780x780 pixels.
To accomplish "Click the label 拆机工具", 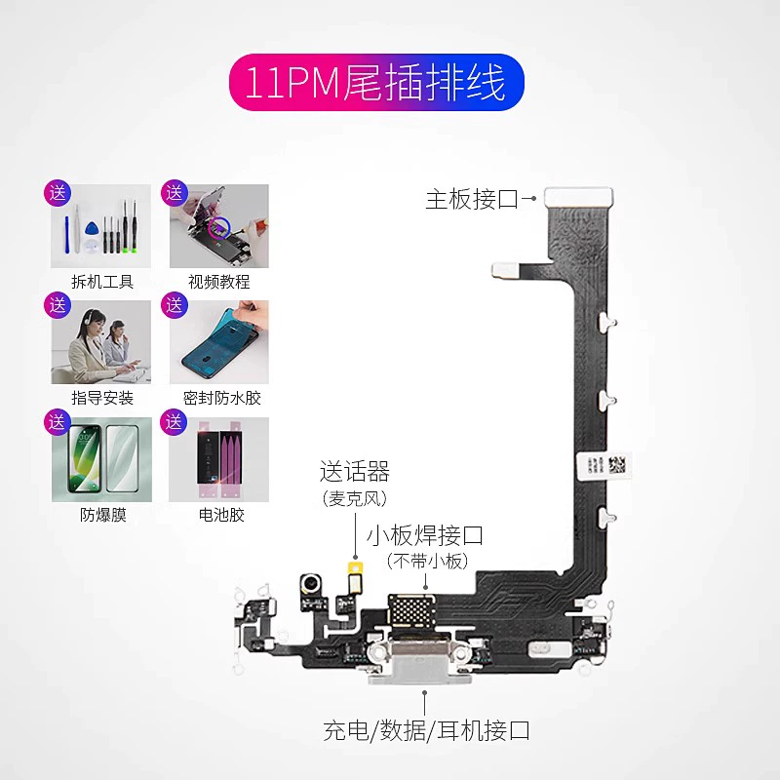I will [x=102, y=282].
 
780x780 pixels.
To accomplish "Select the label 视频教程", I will [x=219, y=282].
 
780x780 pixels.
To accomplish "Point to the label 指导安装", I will [x=102, y=398].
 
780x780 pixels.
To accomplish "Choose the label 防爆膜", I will [x=102, y=515].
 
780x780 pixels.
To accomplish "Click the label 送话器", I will [x=355, y=473].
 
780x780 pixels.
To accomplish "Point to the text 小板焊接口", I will [x=425, y=535].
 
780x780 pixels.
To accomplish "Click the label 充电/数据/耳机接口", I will [x=426, y=729].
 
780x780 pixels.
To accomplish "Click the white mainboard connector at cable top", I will [x=574, y=198].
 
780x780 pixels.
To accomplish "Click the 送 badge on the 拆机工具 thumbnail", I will [x=58, y=192].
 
